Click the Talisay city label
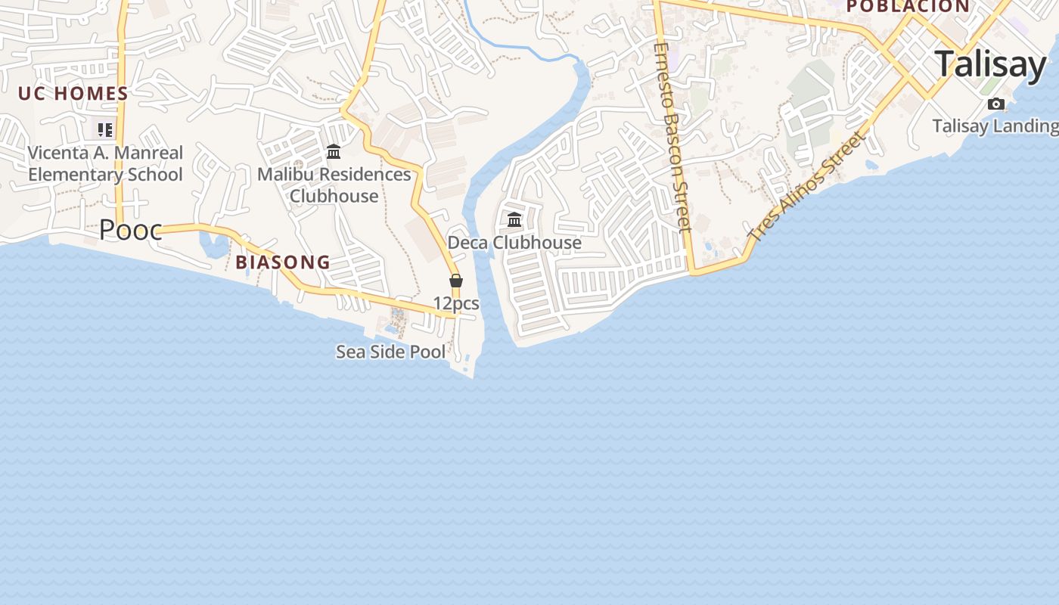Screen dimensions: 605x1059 pyautogui.click(x=991, y=64)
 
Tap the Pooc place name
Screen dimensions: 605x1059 pyautogui.click(x=130, y=230)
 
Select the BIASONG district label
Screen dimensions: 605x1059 pyautogui.click(x=283, y=262)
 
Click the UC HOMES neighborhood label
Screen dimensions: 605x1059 pyautogui.click(x=73, y=94)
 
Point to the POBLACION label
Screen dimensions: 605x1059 pyautogui.click(x=908, y=7)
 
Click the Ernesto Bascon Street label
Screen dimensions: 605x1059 pyautogui.click(x=672, y=136)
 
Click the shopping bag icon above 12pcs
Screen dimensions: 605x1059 pyautogui.click(x=456, y=281)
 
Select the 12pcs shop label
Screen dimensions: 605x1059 pyautogui.click(x=456, y=303)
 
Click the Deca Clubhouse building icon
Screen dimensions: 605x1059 pyautogui.click(x=514, y=220)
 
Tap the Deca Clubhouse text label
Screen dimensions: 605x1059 pyautogui.click(x=514, y=243)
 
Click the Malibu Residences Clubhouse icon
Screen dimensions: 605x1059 pyautogui.click(x=334, y=152)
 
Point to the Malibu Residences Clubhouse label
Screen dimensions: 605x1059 pyautogui.click(x=334, y=185)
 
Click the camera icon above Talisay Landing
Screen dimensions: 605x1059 pyautogui.click(x=996, y=104)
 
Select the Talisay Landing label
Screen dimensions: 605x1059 pyautogui.click(x=995, y=126)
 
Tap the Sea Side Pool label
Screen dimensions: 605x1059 pyautogui.click(x=391, y=352)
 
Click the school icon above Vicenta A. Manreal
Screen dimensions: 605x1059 pyautogui.click(x=105, y=130)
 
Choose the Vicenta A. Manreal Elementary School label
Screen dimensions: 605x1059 pyautogui.click(x=105, y=163)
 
